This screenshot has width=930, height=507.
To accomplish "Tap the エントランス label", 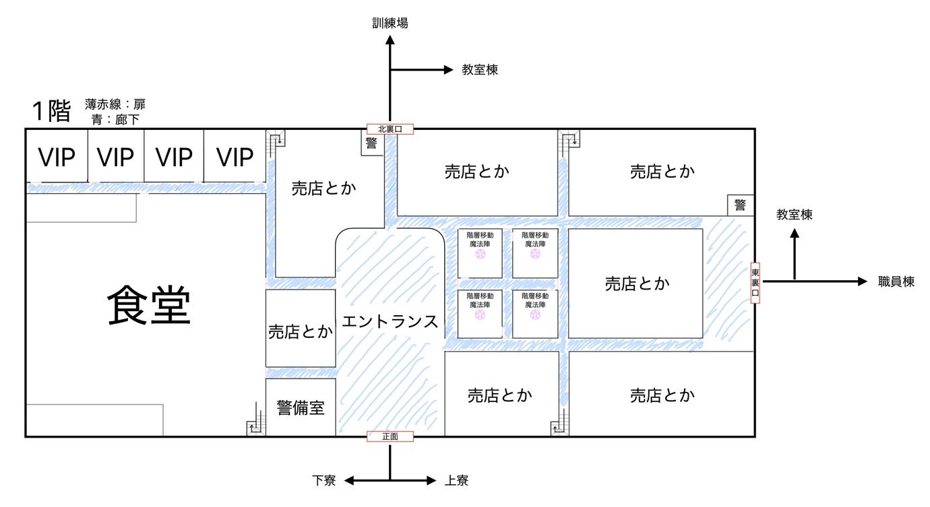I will pos(390,322).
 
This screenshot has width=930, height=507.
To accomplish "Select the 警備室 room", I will pos(301,407).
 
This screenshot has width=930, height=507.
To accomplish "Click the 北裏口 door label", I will pos(390,129).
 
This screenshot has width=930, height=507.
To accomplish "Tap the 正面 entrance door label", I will pos(390,436).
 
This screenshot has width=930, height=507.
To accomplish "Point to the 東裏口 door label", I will pos(755,283).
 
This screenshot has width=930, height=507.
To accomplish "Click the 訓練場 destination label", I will pos(390,24).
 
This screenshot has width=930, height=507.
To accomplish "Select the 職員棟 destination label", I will pos(896,282).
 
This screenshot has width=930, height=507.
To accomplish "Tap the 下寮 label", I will pos(323,481).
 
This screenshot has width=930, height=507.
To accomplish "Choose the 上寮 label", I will pos(456,481).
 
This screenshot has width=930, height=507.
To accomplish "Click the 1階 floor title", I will pos(51,111).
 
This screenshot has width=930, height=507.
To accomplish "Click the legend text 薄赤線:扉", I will pos(115,104).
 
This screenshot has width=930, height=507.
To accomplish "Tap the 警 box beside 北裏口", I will pos(371,143).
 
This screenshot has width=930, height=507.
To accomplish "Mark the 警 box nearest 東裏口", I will pos(740,205).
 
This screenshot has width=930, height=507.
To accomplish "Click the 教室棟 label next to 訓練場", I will pos(480,69).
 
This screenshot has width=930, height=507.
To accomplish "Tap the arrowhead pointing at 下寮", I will pos(350,481).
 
